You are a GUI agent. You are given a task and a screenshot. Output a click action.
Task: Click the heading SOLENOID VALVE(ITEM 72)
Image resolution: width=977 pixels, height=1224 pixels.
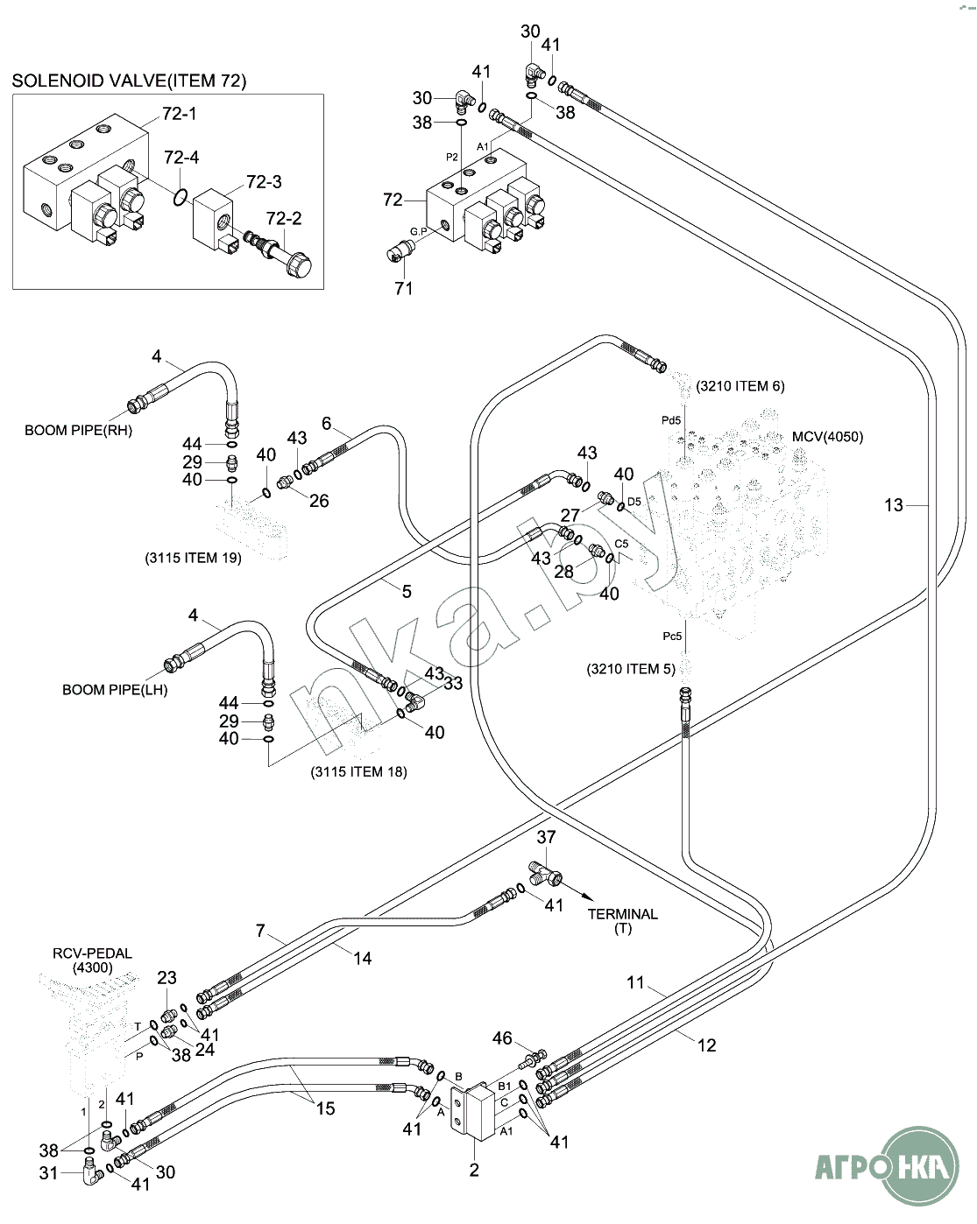coord(129,81)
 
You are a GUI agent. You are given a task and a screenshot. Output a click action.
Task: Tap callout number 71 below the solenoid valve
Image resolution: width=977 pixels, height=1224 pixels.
coord(403,288)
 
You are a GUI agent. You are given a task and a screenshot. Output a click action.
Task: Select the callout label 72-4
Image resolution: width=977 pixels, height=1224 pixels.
coord(181,158)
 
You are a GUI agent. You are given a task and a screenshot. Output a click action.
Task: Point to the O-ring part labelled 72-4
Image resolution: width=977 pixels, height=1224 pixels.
coord(180,197)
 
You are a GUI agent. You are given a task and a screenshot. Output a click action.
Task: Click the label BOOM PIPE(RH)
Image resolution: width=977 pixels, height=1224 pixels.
coord(78,431)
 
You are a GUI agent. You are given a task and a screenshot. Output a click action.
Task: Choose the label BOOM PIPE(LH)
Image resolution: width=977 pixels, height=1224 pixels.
coord(115,690)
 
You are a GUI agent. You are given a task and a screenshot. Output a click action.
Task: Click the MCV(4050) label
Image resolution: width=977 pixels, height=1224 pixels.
coord(827,437)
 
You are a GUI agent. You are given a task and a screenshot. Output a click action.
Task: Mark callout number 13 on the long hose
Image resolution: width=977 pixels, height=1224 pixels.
coord(893,505)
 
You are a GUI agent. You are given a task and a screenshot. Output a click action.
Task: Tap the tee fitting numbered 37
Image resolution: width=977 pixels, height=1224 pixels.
coord(545,872)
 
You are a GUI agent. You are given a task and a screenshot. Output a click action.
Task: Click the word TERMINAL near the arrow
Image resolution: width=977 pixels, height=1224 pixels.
coord(622,914)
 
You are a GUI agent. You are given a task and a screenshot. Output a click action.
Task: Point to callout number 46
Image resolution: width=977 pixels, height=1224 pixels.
coord(502,1038)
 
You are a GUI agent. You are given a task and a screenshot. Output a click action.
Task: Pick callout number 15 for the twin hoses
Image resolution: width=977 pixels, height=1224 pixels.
coord(325,1108)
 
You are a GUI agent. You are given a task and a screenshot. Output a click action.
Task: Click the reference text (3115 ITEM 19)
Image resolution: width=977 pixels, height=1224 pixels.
coord(193,558)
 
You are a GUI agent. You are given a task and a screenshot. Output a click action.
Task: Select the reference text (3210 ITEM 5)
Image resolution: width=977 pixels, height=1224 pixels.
coord(631,669)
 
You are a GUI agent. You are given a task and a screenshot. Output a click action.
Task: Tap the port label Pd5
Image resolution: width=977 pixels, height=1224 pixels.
coord(671,421)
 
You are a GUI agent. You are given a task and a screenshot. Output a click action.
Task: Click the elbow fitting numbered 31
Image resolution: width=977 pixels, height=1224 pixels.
coord(89,1171)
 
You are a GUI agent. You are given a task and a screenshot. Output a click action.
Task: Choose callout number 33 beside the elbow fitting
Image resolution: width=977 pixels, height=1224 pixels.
coord(452,683)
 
